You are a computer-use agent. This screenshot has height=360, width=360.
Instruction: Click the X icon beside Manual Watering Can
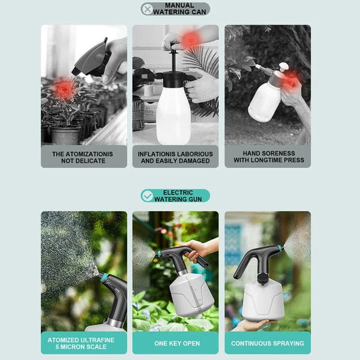(147, 9)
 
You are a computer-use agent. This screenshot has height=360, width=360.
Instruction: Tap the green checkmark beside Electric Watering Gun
(147, 196)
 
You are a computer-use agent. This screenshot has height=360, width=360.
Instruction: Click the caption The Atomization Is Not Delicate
(83, 157)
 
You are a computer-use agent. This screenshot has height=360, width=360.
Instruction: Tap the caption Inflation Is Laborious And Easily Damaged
(175, 157)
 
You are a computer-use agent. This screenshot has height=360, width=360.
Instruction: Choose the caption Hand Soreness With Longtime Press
(268, 157)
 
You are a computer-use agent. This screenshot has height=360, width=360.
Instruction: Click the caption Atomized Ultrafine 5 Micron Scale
(83, 343)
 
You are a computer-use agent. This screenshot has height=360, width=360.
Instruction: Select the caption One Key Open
(175, 343)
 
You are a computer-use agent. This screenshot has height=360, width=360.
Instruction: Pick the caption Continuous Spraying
(268, 343)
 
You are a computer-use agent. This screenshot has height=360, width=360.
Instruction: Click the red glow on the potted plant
(64, 89)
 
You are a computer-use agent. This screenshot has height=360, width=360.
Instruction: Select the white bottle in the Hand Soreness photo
(264, 102)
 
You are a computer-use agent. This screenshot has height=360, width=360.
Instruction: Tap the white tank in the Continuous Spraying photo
(264, 300)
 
